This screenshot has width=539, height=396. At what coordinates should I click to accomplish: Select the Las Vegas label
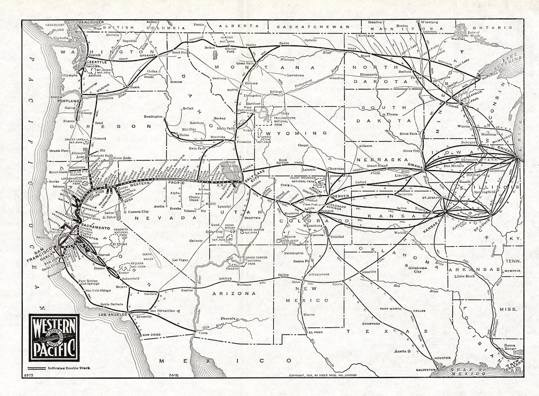click(181, 260)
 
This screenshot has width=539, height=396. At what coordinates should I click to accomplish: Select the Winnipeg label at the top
click(429, 22)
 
